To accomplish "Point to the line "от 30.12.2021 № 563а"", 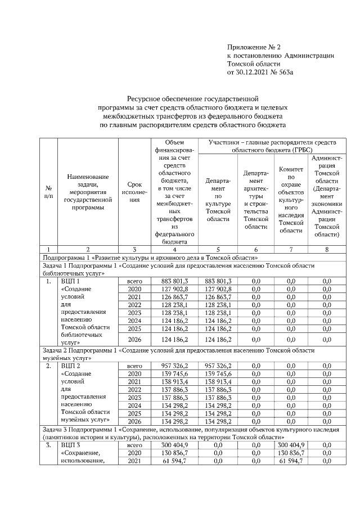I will click(x=260, y=72).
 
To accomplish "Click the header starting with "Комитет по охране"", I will click(x=291, y=192).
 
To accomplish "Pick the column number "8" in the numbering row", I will click(x=326, y=249).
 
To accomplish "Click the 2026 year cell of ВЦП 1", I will click(x=134, y=340).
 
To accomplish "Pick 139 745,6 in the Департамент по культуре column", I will click(x=218, y=373).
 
